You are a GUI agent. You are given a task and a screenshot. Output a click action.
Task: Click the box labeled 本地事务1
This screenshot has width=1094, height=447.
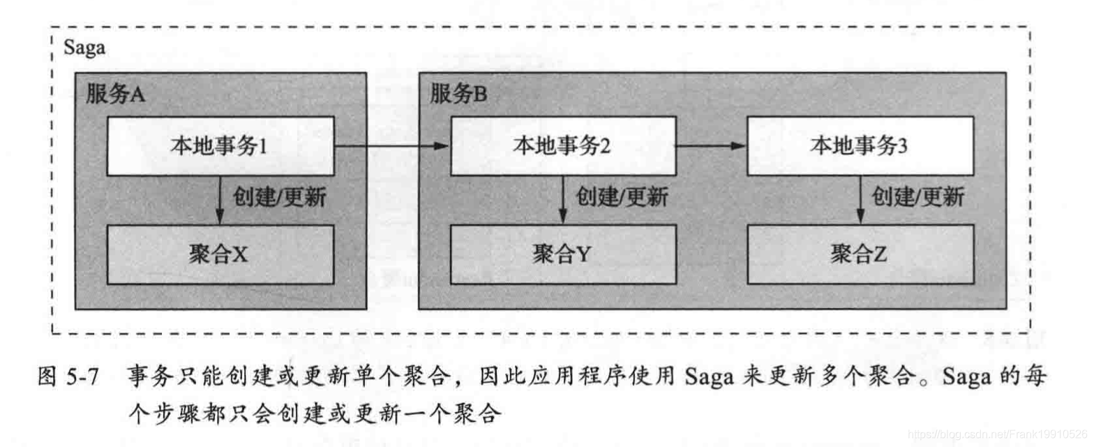(220, 146)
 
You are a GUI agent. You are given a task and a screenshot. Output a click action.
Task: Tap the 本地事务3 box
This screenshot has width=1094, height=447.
(859, 146)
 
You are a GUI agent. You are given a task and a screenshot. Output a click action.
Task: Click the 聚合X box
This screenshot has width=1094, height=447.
(220, 255)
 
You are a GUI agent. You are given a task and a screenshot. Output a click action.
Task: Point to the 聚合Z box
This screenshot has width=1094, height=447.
(859, 255)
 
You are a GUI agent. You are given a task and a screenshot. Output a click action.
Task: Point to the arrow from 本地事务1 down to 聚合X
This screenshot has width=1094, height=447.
(220, 200)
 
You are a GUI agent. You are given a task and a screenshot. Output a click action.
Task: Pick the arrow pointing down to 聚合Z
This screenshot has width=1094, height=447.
(859, 200)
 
